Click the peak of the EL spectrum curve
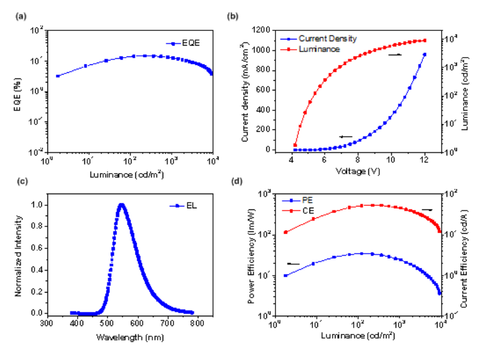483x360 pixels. point(121,205)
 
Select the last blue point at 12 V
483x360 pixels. point(424,55)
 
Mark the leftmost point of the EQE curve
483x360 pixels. point(58,76)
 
